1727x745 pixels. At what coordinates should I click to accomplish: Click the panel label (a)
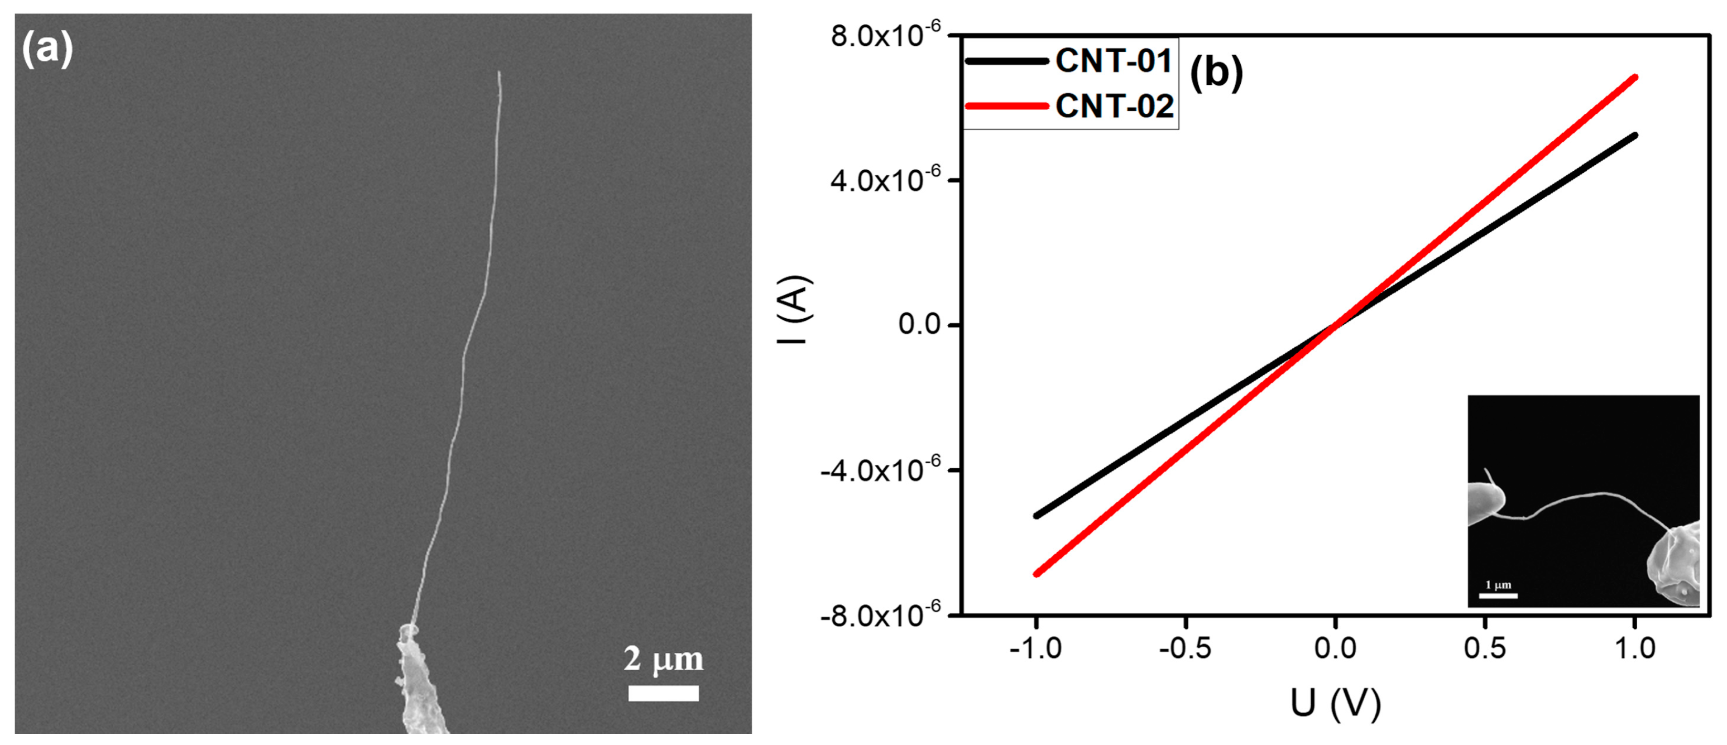point(46,50)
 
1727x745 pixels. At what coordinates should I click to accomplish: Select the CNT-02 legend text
point(1114,106)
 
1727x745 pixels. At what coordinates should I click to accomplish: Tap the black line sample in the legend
point(1006,61)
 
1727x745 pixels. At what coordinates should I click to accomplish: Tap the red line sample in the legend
point(1006,106)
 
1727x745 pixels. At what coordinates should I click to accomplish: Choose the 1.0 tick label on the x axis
point(1634,648)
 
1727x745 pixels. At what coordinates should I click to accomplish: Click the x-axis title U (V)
point(1336,703)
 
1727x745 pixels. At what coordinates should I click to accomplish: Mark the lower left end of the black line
point(1037,515)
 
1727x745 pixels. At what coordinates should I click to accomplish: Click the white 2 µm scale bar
point(663,693)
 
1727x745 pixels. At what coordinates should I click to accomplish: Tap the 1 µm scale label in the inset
point(1498,585)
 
